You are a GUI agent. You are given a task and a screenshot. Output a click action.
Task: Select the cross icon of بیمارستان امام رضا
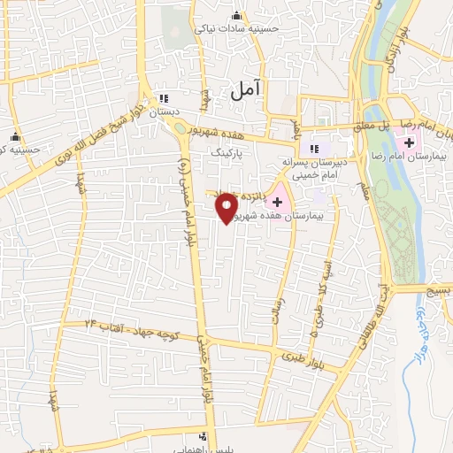(409, 142)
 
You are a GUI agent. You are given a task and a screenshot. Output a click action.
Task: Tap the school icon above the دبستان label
(163, 98)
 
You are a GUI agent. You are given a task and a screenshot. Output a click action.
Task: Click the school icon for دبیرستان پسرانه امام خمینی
(313, 147)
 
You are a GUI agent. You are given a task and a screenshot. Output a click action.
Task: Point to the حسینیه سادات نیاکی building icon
(235, 15)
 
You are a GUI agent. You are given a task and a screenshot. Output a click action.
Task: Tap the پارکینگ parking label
(224, 152)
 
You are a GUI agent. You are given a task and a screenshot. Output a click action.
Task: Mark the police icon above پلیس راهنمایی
(204, 435)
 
